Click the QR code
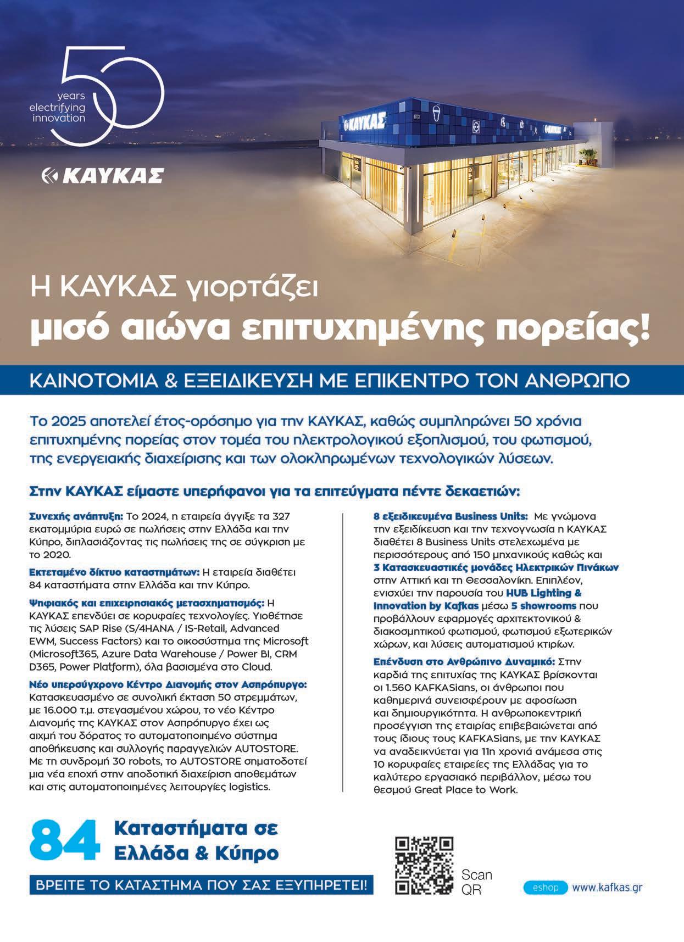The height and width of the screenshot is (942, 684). (x=425, y=865)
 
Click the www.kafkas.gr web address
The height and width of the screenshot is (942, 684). (x=607, y=888)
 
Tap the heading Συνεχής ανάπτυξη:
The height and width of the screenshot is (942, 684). (x=76, y=516)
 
